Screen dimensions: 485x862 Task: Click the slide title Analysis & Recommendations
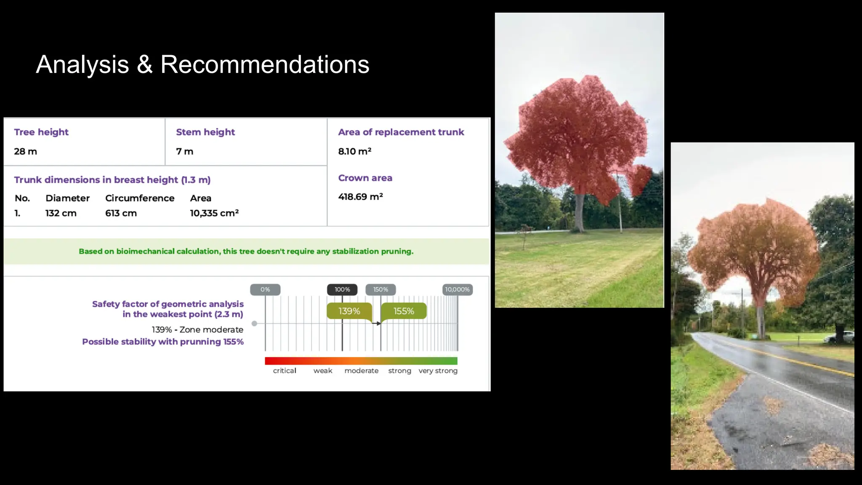click(202, 64)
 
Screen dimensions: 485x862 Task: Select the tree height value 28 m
click(25, 152)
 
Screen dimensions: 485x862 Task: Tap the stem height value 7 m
click(184, 152)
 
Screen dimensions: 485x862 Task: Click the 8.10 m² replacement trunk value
click(354, 151)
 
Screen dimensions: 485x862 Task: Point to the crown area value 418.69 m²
click(360, 197)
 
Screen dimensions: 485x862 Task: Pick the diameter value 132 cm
click(61, 213)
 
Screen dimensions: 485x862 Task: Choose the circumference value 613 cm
click(121, 213)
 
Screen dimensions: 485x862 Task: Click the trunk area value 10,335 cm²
click(214, 213)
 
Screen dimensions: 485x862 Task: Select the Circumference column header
click(139, 198)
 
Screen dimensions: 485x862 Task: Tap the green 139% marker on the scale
click(349, 311)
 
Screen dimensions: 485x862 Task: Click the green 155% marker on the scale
click(403, 311)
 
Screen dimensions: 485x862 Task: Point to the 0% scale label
click(265, 290)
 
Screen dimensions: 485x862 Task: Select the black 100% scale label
click(342, 290)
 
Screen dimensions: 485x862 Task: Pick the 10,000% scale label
click(457, 290)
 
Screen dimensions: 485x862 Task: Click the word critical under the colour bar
click(285, 370)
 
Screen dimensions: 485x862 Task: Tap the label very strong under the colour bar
click(438, 370)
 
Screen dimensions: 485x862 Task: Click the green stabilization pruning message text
click(246, 251)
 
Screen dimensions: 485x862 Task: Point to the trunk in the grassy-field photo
click(580, 213)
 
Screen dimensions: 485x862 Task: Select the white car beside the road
click(840, 337)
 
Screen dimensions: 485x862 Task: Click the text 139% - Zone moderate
click(197, 330)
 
